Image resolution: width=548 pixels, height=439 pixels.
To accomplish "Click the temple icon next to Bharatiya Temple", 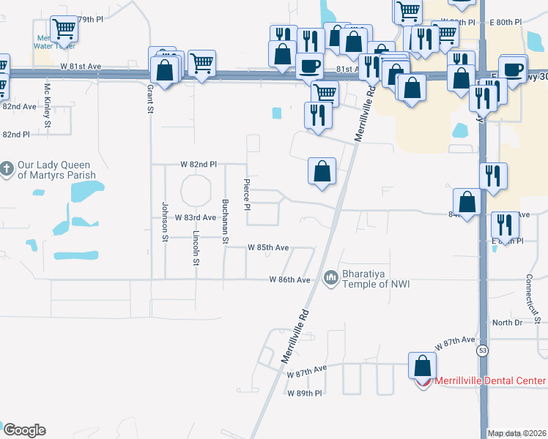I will pyautogui.click(x=330, y=277).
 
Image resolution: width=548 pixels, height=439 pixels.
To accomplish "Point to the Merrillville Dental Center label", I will pyautogui.click(x=490, y=380).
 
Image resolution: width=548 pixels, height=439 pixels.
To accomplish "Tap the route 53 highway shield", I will pyautogui.click(x=483, y=350).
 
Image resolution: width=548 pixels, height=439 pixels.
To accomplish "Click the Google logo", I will pyautogui.click(x=24, y=430).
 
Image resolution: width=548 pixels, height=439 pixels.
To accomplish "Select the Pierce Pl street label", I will pyautogui.click(x=247, y=195).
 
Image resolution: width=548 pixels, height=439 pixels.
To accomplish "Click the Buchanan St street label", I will pyautogui.click(x=226, y=220).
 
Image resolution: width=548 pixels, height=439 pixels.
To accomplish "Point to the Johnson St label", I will pyautogui.click(x=164, y=221).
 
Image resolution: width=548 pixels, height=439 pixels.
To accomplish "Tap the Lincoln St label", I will pyautogui.click(x=196, y=249).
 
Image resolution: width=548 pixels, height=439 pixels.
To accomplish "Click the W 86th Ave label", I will pyautogui.click(x=290, y=279).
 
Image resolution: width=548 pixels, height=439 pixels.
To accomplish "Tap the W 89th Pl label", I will pyautogui.click(x=305, y=394).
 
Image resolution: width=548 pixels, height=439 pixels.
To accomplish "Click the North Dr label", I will pyautogui.click(x=507, y=323).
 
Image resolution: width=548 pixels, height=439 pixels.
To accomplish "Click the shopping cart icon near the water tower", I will pyautogui.click(x=64, y=29).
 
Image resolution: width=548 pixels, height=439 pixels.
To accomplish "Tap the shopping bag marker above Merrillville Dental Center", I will pyautogui.click(x=422, y=365).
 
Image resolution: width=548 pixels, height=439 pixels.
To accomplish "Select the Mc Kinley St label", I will pyautogui.click(x=48, y=104).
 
